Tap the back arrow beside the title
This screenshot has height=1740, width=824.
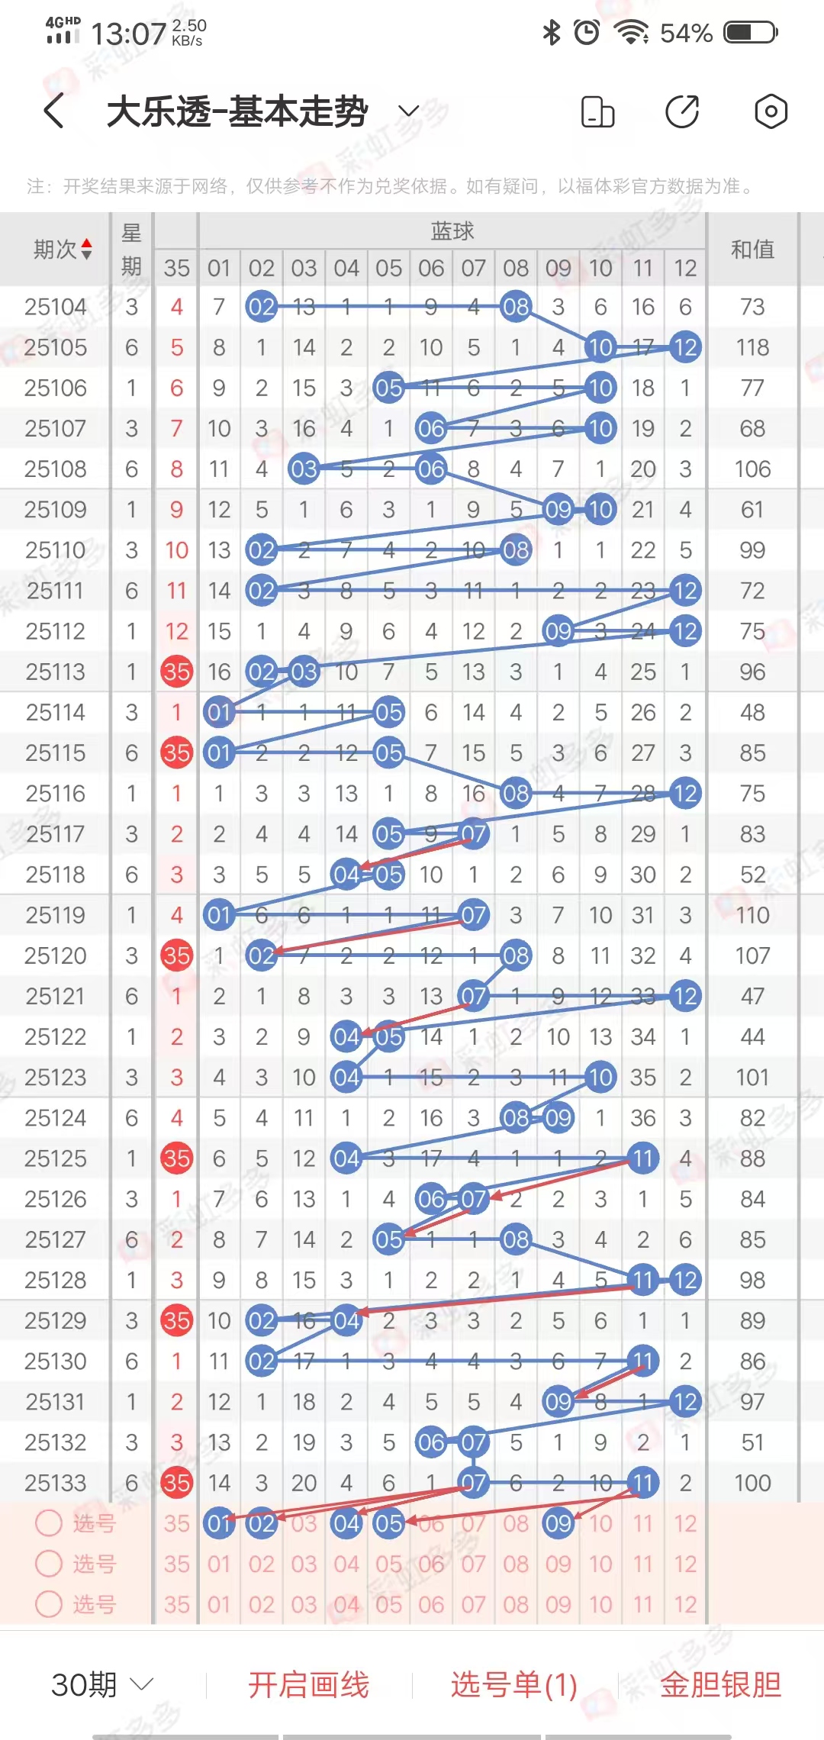point(53,111)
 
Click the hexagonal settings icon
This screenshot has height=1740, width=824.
point(771,111)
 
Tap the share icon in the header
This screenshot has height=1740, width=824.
point(682,111)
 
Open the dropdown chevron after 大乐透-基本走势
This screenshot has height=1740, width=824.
point(409,111)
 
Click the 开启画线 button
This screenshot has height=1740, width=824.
point(308,1685)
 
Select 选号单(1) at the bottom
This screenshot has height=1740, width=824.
point(513,1685)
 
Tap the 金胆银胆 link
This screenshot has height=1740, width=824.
point(720,1685)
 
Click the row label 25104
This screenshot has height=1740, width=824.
point(55,307)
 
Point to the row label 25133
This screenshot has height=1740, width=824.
point(55,1483)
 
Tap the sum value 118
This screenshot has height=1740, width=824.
point(752,347)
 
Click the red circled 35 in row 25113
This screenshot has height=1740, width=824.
point(177,672)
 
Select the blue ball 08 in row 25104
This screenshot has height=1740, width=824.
point(516,307)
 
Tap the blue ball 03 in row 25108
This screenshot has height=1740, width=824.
point(304,469)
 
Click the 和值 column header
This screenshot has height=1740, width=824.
point(752,250)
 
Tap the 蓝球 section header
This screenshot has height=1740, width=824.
point(452,230)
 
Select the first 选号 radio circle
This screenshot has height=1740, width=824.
point(49,1523)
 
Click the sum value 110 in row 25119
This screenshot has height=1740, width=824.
point(752,915)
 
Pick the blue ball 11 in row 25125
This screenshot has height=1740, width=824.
point(642,1158)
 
